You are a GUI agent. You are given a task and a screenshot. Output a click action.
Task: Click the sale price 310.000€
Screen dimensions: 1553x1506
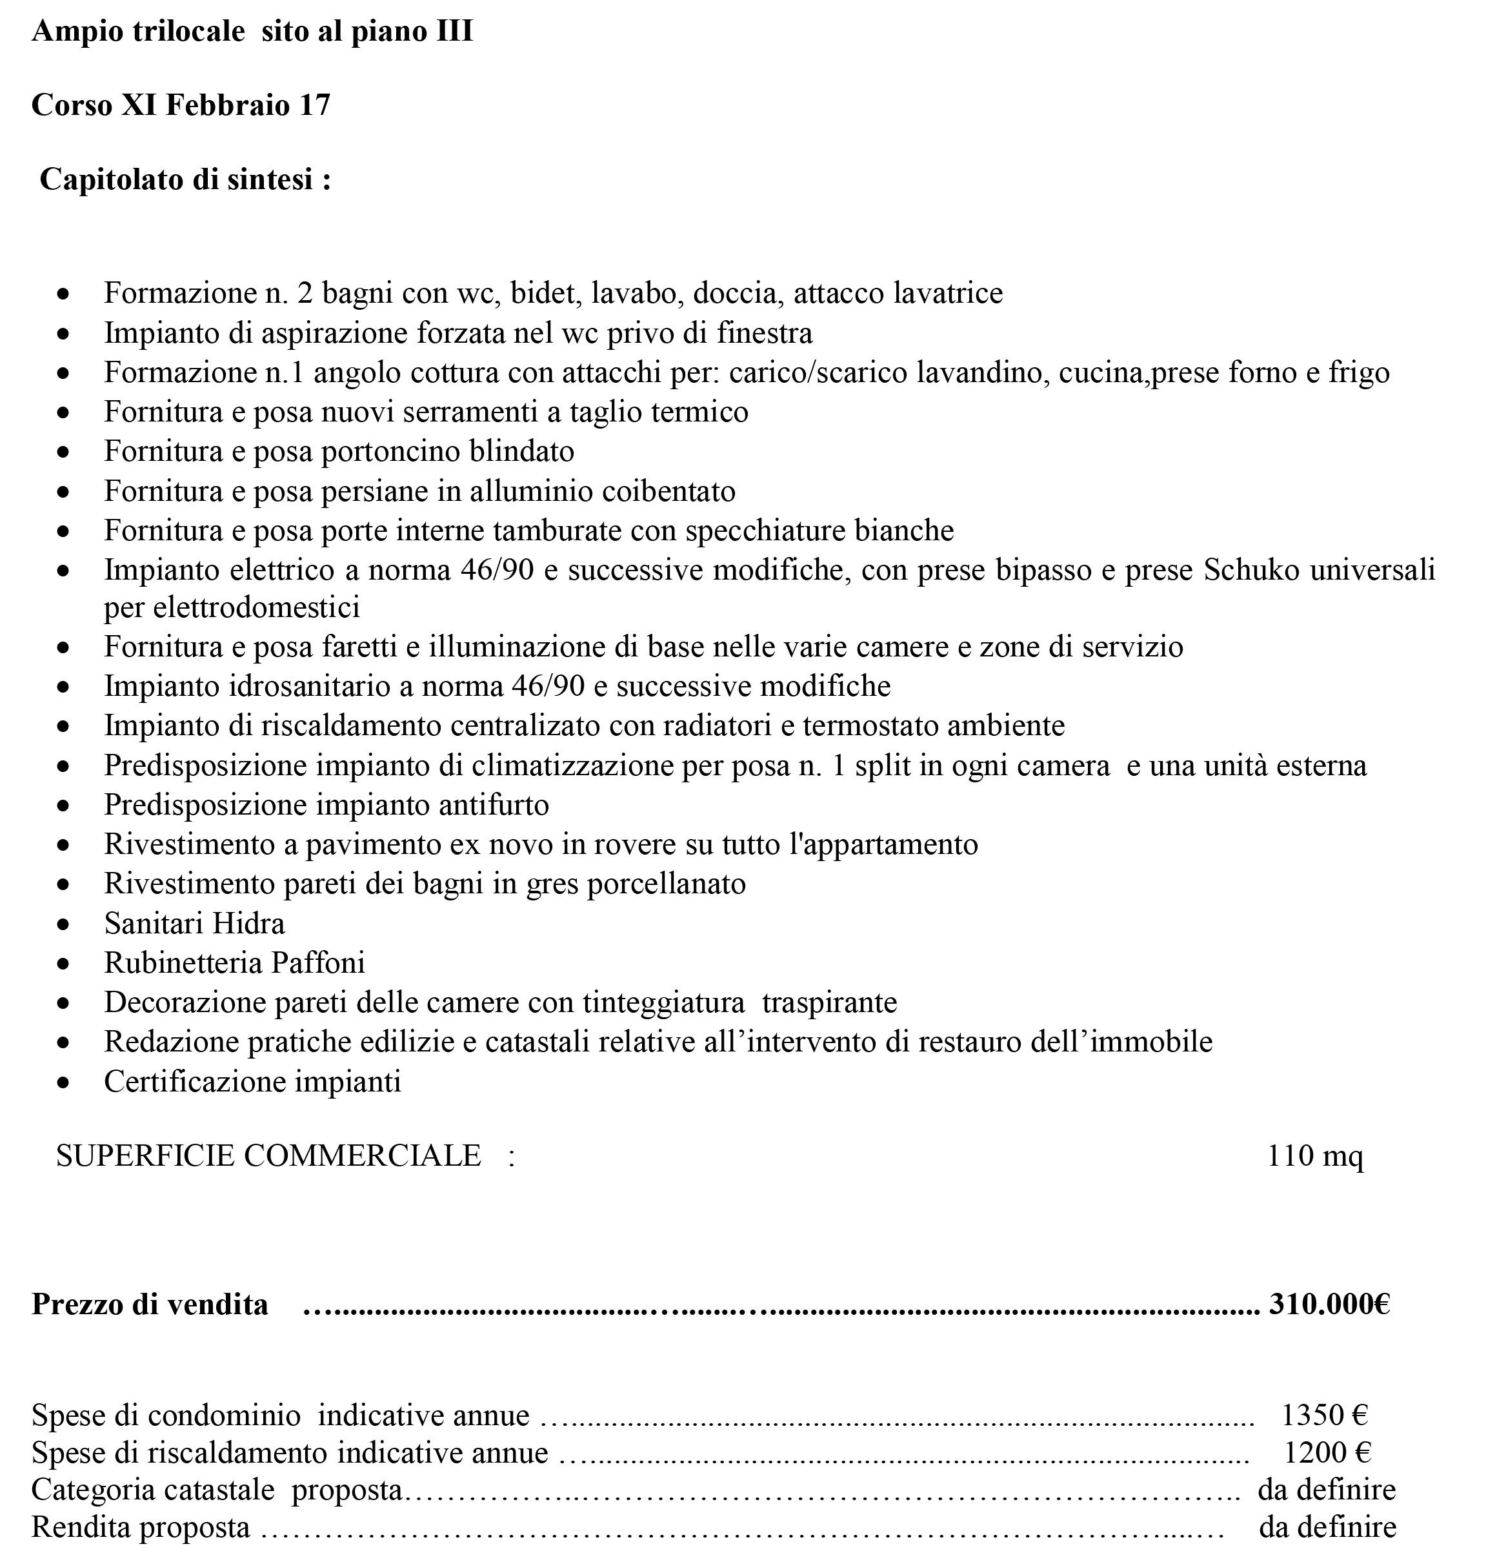[x=1329, y=1303]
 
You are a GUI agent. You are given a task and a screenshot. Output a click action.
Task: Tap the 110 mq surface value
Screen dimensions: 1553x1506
[x=1315, y=1156]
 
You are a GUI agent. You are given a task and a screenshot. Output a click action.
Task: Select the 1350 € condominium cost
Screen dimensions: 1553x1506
[x=1325, y=1414]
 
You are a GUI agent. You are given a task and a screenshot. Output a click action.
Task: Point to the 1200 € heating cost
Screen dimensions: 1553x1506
[x=1327, y=1452]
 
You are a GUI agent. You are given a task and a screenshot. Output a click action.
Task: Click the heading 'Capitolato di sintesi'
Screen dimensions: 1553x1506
[x=185, y=180]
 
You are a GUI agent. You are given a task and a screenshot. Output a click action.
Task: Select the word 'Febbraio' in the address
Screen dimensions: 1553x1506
[x=227, y=105]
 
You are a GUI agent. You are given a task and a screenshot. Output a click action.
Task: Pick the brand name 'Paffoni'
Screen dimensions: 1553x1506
[x=317, y=962]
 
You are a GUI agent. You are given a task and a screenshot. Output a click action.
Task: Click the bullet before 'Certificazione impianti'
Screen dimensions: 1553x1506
[x=63, y=1082]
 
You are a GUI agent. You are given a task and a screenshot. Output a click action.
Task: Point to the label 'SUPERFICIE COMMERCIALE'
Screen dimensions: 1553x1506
[x=268, y=1156]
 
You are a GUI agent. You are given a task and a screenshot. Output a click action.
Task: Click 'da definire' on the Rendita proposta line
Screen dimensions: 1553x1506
[x=1327, y=1527]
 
